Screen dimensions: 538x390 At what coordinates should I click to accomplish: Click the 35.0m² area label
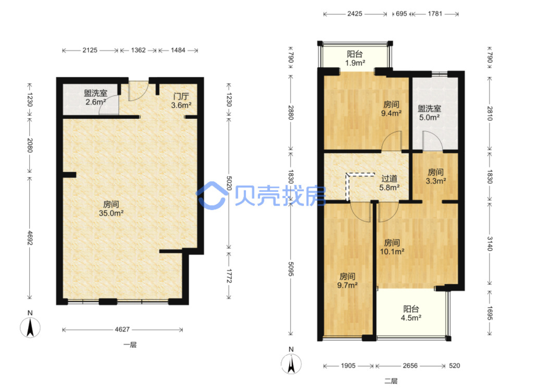point(112,213)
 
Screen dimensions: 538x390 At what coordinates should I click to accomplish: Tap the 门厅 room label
point(181,96)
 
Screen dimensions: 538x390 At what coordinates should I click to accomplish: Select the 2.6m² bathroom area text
point(96,102)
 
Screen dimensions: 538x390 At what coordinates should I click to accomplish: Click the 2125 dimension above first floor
point(90,50)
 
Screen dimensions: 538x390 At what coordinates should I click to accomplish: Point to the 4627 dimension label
point(122,329)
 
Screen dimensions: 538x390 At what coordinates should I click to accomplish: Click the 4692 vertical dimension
point(30,238)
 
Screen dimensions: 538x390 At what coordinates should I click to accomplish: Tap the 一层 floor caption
point(130,345)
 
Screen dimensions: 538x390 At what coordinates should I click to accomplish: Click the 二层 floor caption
point(391,381)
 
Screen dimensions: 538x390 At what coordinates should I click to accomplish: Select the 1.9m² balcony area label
point(355,63)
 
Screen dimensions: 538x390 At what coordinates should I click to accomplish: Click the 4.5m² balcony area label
point(411,318)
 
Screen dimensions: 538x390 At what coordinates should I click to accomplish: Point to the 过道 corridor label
point(389,179)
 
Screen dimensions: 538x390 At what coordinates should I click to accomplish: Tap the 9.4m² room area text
point(392,113)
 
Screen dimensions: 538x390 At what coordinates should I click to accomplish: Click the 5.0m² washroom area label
point(429,118)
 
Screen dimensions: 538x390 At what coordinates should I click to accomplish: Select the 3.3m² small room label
point(436,181)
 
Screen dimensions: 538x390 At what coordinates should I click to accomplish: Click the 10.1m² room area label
point(392,251)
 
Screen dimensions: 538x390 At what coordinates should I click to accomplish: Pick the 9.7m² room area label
point(347,285)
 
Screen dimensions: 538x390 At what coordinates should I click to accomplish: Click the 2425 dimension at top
point(355,14)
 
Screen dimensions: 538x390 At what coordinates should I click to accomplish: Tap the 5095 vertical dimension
point(291,269)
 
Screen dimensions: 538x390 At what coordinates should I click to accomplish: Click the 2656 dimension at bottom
point(410,366)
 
